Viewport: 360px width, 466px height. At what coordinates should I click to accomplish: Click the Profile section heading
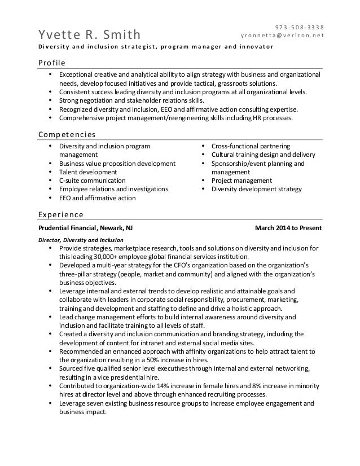pyautogui.click(x=51, y=61)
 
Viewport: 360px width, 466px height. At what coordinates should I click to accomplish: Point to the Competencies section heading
pyautogui.click(x=66, y=134)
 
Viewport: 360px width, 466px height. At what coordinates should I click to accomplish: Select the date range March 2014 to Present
pyautogui.click(x=288, y=228)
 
